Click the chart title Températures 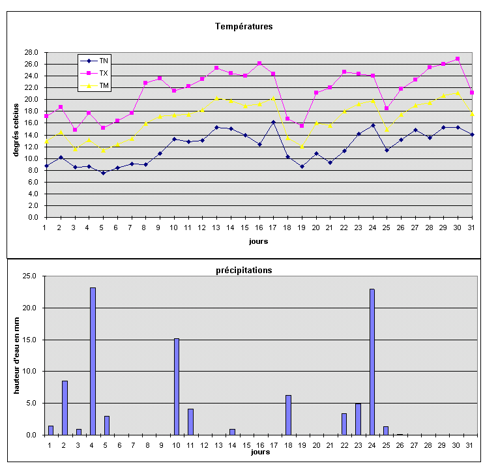click(244, 27)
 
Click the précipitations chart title click(244, 270)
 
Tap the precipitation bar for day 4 click(93, 360)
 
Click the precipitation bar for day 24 click(372, 361)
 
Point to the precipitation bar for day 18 click(288, 415)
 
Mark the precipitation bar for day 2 click(65, 407)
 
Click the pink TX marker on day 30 click(458, 59)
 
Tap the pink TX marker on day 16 click(259, 63)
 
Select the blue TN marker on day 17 click(274, 122)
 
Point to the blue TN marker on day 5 click(103, 173)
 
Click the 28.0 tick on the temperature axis click(31, 52)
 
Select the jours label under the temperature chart click(257, 241)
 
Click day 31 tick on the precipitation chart click(470, 445)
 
